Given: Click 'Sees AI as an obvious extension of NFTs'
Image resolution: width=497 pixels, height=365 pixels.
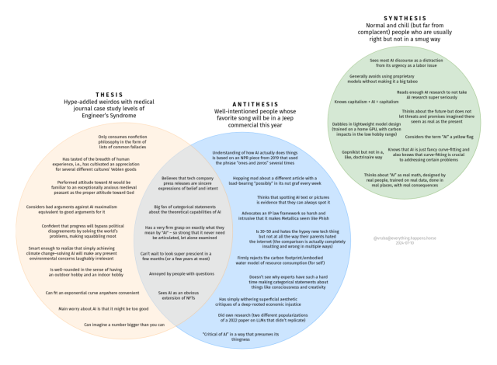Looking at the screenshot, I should pyautogui.click(x=174, y=296).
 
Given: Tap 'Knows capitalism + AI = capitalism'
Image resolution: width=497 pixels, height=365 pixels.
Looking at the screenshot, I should pyautogui.click(x=367, y=102).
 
